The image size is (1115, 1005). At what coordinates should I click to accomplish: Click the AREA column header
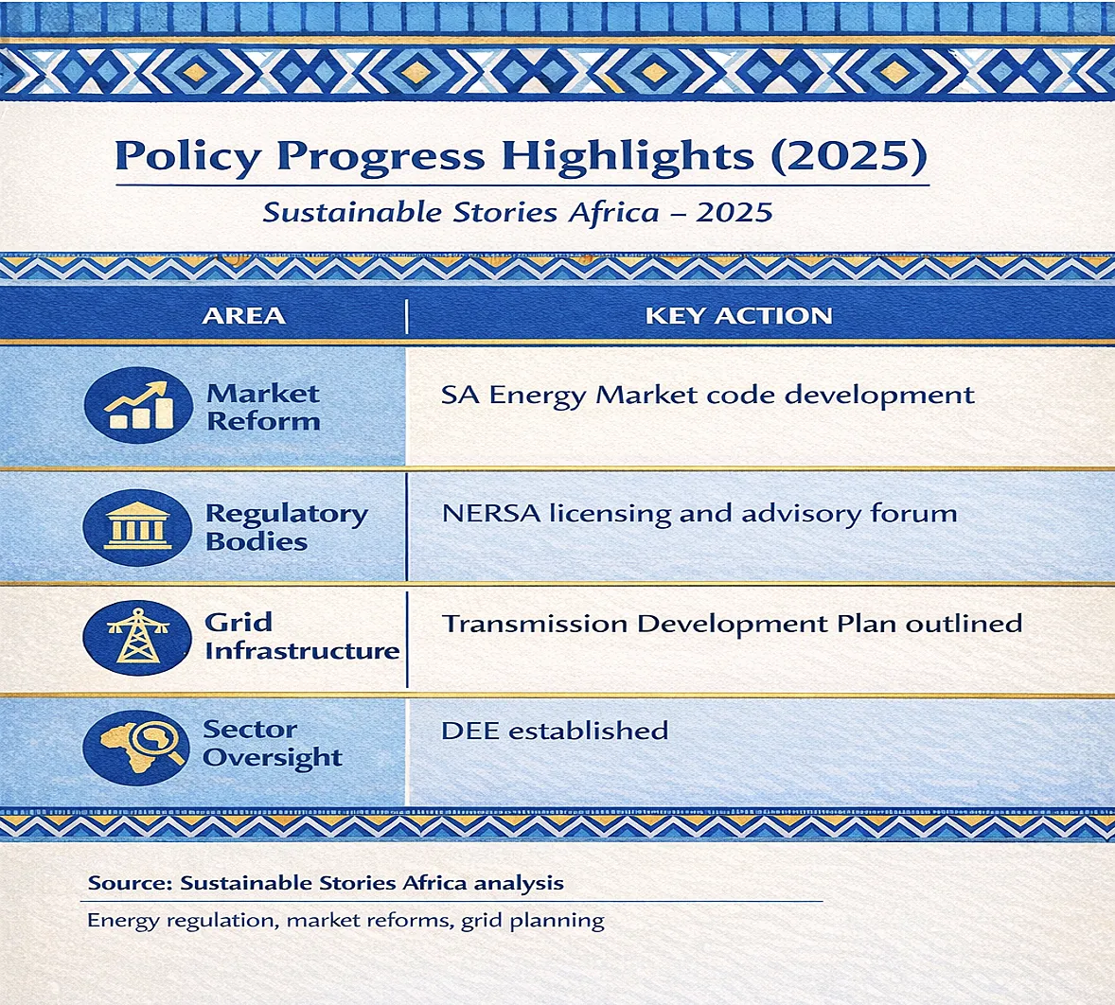tap(243, 315)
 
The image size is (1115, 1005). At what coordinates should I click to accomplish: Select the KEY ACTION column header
tap(739, 315)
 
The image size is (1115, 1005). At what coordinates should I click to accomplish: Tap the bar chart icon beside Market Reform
tap(138, 405)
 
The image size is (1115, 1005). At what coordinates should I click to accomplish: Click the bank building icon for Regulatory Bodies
tap(138, 527)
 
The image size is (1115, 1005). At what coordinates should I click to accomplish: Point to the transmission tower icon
tap(137, 638)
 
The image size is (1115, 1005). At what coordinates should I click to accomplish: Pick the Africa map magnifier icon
tap(136, 747)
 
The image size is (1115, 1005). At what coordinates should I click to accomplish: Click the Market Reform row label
tap(263, 407)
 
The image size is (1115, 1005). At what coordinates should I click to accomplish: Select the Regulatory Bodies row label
tap(287, 527)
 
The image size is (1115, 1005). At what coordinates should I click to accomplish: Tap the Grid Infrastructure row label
tap(302, 636)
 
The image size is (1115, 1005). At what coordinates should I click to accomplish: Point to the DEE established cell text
tap(555, 731)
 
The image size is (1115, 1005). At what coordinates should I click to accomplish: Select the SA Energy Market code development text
tap(708, 396)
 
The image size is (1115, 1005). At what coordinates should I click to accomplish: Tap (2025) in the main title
tap(849, 155)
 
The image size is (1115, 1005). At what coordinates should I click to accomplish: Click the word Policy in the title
tap(187, 155)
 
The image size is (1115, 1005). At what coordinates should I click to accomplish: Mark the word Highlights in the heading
tap(628, 155)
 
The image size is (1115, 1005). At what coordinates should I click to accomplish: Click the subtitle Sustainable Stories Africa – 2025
tap(518, 212)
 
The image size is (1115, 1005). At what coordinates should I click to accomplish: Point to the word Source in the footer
tap(130, 884)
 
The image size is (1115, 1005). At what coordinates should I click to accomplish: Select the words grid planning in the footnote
tap(533, 921)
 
